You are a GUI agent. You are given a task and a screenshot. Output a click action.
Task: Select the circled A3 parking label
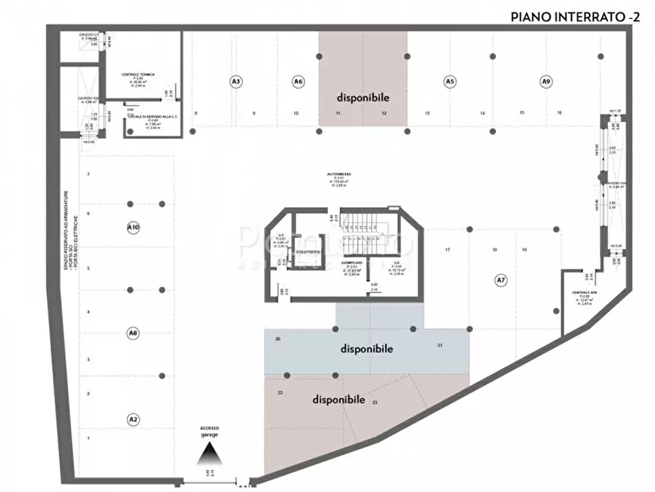tap(236, 82)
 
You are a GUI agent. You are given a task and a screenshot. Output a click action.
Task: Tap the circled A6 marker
tap(298, 82)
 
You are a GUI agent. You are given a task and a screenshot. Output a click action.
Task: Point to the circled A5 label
tap(450, 82)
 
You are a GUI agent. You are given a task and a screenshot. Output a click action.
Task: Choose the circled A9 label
tap(545, 82)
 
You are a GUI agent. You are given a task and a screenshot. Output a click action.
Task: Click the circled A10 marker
tap(133, 228)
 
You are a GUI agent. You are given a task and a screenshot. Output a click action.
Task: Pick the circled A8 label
tap(133, 333)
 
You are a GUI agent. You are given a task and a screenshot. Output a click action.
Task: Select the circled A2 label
tap(133, 419)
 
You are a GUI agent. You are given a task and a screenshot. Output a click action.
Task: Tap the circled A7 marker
tap(501, 280)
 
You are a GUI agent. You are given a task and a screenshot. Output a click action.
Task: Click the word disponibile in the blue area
tap(366, 349)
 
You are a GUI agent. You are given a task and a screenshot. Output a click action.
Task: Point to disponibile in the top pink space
tap(362, 97)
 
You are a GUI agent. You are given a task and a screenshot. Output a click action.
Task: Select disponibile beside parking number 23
tap(339, 399)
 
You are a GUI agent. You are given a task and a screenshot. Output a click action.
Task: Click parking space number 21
tap(439, 345)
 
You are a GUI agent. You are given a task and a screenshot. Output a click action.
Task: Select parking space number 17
tap(447, 250)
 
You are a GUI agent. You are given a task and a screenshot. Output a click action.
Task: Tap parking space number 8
tap(195, 113)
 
